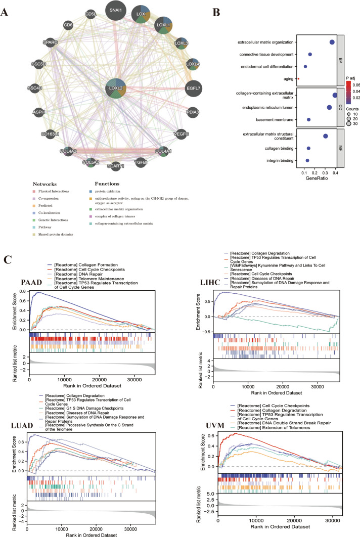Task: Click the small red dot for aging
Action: pos(298,78)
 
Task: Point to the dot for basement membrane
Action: pos(308,119)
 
